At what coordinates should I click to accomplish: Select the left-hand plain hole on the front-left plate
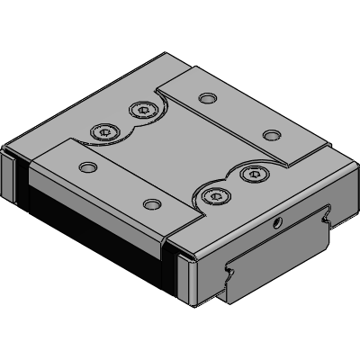coord(87,166)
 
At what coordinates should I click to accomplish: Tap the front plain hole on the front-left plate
coord(150,205)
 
